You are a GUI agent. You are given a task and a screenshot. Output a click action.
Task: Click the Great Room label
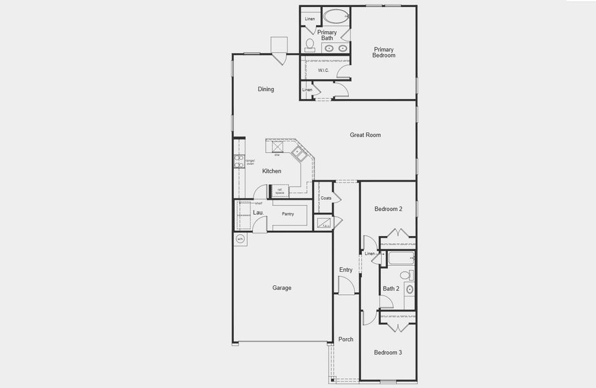(x=365, y=135)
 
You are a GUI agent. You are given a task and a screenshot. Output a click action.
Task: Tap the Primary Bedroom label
(x=383, y=52)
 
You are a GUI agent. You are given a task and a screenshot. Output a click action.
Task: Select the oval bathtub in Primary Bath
(x=335, y=16)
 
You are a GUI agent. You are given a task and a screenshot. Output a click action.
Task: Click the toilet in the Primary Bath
(x=310, y=44)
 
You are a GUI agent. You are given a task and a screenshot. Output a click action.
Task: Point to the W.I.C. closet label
(x=323, y=70)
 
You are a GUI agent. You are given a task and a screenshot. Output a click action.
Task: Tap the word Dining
(x=266, y=89)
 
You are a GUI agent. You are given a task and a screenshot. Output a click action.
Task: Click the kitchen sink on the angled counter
(x=299, y=153)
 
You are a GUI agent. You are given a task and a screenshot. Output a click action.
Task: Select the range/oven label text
(x=250, y=162)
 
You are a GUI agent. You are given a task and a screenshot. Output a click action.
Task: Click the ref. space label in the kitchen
(x=279, y=191)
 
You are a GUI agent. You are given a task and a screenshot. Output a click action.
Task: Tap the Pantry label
(x=288, y=214)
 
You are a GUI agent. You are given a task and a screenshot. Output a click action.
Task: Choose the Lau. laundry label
(x=257, y=212)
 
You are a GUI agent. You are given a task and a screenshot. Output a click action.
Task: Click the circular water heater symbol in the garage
(x=240, y=239)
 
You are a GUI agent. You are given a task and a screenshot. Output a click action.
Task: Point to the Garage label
(x=282, y=288)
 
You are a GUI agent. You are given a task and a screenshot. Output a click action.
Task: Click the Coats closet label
(x=326, y=198)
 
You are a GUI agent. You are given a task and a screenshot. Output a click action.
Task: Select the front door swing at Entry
(x=346, y=285)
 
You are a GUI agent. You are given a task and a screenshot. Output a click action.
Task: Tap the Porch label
(x=346, y=339)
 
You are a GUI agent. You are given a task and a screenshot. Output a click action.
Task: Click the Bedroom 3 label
(x=388, y=352)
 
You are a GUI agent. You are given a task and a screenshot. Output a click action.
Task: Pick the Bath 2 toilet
(x=405, y=275)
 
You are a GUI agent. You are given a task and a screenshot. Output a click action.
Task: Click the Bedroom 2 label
(x=388, y=209)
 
